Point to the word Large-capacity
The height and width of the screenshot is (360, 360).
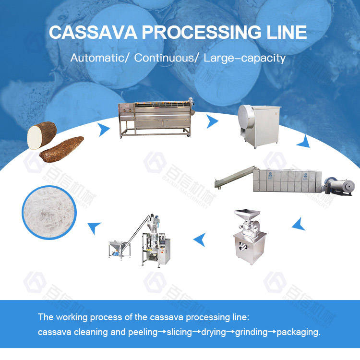click(x=245, y=59)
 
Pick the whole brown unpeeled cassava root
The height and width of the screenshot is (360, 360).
click(x=61, y=149)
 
